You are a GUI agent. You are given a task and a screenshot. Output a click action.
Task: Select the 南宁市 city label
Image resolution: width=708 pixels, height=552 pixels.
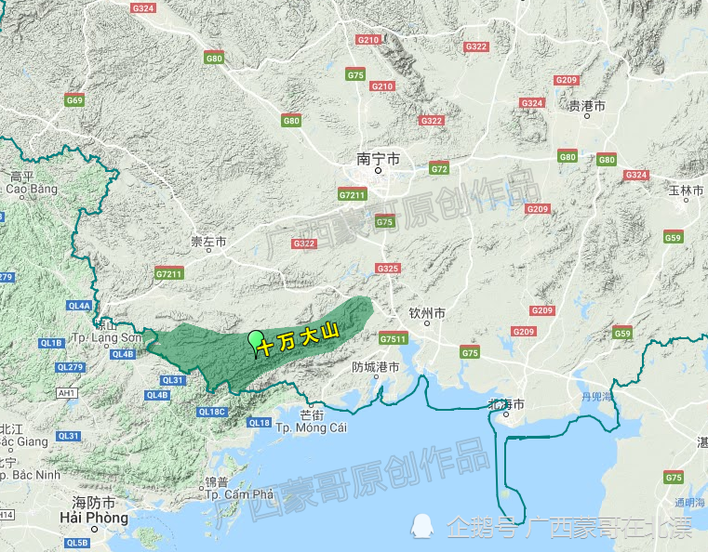(379, 160)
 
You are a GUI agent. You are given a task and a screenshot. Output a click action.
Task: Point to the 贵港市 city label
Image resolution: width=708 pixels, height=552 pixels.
(587, 107)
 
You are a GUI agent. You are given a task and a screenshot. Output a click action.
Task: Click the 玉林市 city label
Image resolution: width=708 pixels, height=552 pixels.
(687, 191)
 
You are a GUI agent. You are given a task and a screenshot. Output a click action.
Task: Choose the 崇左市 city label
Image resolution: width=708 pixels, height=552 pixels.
(208, 242)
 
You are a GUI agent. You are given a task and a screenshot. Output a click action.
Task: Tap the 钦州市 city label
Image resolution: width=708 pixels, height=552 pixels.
(428, 314)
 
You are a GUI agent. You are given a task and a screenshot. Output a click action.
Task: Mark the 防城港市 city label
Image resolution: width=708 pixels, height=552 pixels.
(375, 367)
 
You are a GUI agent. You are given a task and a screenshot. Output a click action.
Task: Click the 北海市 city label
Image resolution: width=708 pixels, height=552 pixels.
(506, 404)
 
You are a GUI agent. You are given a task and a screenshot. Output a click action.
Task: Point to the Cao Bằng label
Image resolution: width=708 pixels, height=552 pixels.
(31, 189)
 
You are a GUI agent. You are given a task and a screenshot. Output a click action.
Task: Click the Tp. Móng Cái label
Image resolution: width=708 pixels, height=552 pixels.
(312, 427)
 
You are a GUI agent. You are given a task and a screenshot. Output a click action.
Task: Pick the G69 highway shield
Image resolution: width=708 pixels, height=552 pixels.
(75, 100)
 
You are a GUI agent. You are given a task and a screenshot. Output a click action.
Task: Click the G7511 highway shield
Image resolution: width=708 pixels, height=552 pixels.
(394, 339)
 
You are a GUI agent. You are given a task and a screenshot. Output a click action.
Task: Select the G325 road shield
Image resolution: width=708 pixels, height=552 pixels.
(388, 269)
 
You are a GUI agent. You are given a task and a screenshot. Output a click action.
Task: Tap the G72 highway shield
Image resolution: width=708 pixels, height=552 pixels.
(440, 168)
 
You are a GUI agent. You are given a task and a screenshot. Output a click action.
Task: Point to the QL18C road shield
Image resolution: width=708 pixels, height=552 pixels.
(212, 412)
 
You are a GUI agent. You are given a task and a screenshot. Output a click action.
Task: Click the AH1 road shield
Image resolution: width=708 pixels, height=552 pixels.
(66, 394)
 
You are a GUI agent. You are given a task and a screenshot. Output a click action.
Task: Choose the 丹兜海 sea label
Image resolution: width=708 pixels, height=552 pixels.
(595, 397)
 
